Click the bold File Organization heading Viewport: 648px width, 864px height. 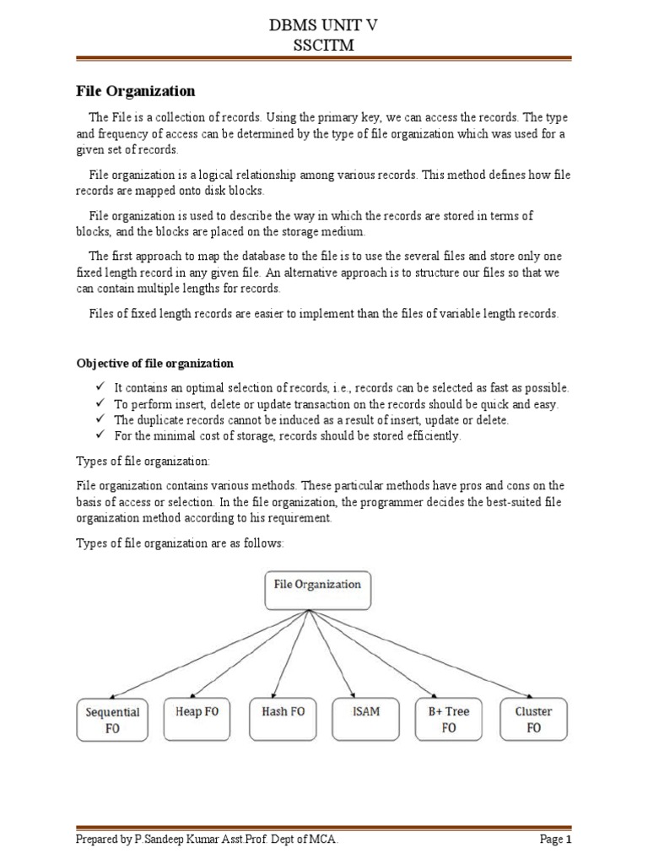136,90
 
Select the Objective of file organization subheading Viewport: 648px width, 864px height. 155,363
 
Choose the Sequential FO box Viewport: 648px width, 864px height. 112,719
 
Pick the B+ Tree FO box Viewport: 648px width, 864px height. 449,719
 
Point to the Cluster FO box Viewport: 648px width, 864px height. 533,719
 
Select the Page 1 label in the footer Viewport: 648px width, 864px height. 556,840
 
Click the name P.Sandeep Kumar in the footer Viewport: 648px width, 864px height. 172,840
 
